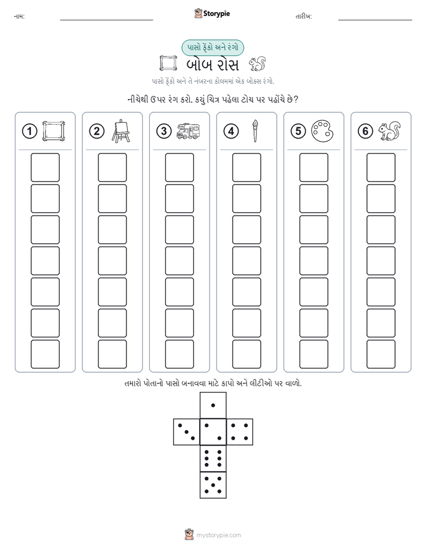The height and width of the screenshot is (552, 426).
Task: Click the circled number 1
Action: point(29,131)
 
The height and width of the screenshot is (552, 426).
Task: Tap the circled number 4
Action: point(231,131)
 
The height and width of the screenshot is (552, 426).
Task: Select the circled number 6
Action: point(365,131)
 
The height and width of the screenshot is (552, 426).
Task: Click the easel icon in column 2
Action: point(121,131)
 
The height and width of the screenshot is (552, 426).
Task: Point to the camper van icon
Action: point(188,131)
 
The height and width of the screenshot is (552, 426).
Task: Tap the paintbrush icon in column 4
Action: point(255,131)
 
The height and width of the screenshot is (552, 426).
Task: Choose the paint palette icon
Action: point(322,131)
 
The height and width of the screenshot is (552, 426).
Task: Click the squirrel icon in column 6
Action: point(390,131)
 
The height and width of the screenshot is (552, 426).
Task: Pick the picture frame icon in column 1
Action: point(54,131)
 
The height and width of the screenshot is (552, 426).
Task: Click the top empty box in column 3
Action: point(179,167)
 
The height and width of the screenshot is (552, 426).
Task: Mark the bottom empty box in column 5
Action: point(314,354)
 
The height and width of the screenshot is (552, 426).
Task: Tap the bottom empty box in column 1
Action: point(45,354)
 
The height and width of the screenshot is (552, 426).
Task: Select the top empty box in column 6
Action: point(381,167)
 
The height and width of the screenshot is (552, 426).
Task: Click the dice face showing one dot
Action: point(213,405)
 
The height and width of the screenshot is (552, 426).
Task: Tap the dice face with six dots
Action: point(213,458)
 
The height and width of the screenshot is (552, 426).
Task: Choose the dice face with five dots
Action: point(213,485)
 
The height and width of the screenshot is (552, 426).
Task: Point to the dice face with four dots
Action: point(240,432)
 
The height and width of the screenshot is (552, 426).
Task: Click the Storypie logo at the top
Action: point(212,14)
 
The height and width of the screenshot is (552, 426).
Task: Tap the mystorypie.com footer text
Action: point(218,535)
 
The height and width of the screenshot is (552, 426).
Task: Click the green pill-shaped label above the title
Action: point(212,48)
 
